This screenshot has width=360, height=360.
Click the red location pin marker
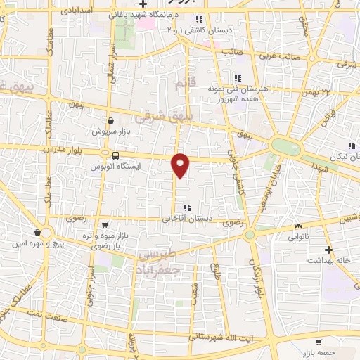181,165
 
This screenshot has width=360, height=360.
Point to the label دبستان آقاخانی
185,218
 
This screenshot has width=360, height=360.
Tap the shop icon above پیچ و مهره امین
37,233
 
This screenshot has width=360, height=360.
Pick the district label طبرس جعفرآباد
159,262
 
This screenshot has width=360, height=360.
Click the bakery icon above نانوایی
299,226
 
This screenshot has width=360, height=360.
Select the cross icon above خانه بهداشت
328,250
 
